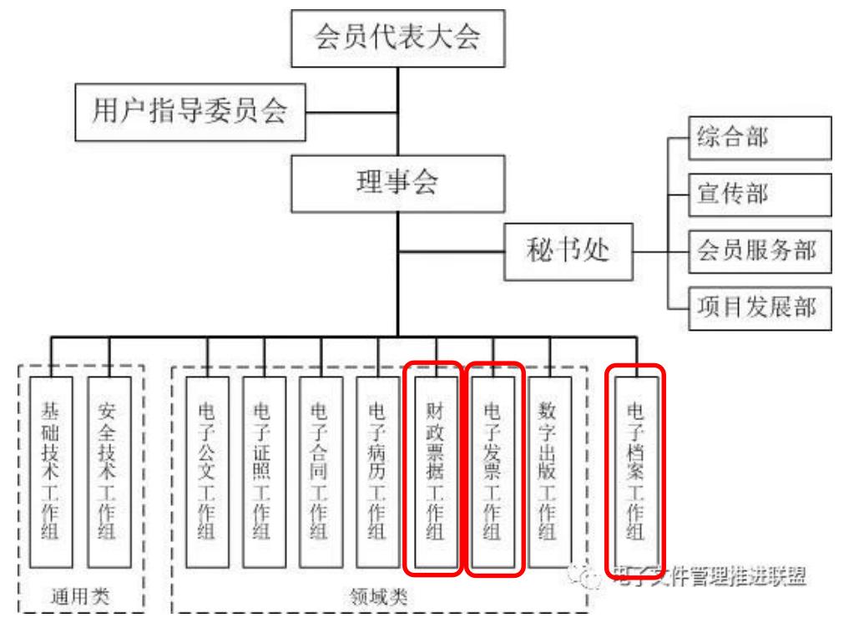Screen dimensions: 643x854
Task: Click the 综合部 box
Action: (758, 138)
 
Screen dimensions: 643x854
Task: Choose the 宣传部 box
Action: (758, 195)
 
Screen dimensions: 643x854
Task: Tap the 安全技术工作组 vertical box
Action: (108, 471)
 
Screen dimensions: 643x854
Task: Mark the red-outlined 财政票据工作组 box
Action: (432, 468)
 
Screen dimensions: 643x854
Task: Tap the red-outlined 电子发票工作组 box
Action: (494, 468)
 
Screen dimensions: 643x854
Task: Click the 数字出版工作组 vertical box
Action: (549, 471)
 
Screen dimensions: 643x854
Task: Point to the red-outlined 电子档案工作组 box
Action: (636, 466)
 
